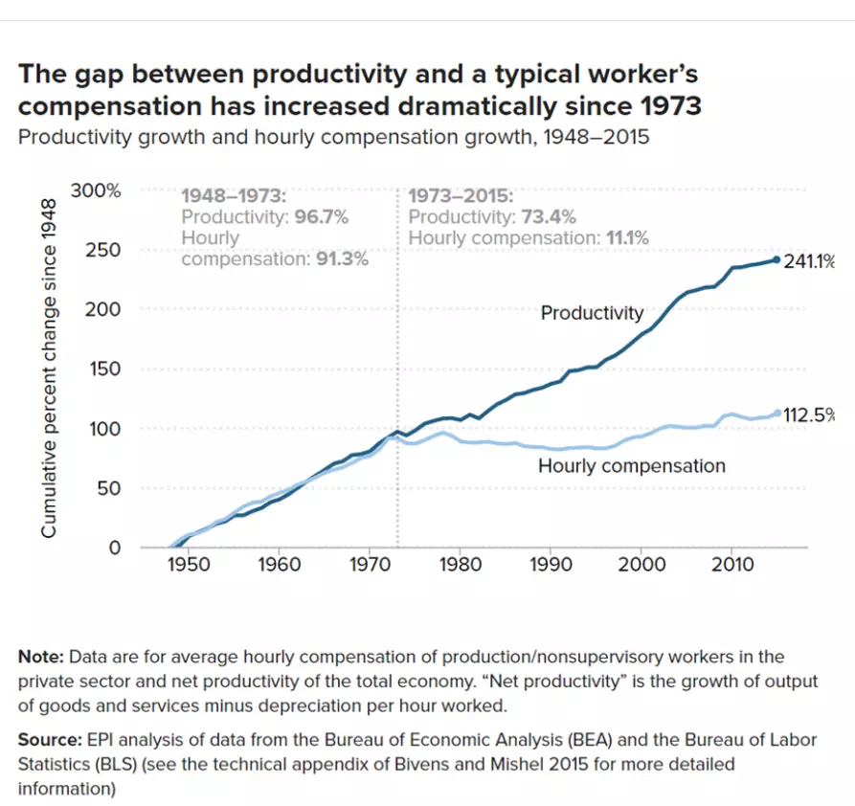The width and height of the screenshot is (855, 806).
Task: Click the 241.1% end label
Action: pos(809,261)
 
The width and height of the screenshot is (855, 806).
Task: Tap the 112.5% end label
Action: pos(809,415)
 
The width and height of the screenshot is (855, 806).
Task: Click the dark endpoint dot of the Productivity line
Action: pos(776,259)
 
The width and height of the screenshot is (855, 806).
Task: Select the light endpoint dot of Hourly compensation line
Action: pos(777,414)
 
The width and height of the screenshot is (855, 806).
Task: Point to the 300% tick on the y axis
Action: pos(96,190)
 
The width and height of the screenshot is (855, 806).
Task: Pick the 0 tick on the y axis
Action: pos(115,547)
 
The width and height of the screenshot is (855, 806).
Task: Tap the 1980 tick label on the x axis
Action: pos(461,564)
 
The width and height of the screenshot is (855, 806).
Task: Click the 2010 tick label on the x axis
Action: pos(731,564)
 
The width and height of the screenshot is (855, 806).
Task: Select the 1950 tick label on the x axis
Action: pos(189,564)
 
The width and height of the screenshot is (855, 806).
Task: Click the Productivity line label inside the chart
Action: pos(592,313)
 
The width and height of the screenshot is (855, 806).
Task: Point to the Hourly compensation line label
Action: pos(631,466)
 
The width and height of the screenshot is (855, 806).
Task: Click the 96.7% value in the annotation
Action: pos(321,217)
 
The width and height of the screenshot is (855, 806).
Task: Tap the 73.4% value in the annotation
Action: pos(548,217)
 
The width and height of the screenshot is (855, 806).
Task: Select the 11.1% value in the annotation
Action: pos(627,237)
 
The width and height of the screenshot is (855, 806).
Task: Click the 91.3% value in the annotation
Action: pos(342,258)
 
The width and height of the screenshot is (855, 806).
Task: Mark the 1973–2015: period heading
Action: pos(461,196)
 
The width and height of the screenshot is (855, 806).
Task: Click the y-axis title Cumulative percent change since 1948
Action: pos(49,369)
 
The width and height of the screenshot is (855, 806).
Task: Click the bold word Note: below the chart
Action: pos(41,657)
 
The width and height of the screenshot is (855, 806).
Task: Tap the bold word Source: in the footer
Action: pos(50,739)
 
